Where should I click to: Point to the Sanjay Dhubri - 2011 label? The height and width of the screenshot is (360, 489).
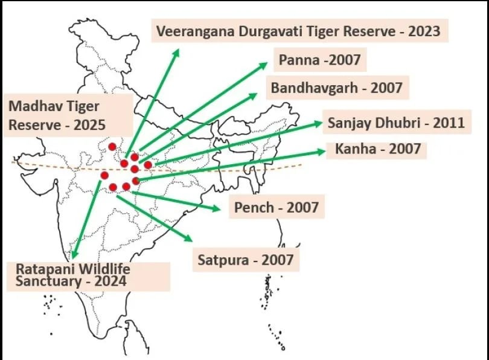click(395, 123)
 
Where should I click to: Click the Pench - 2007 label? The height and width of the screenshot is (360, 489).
click(276, 208)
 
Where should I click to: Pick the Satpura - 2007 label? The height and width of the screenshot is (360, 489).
click(245, 260)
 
